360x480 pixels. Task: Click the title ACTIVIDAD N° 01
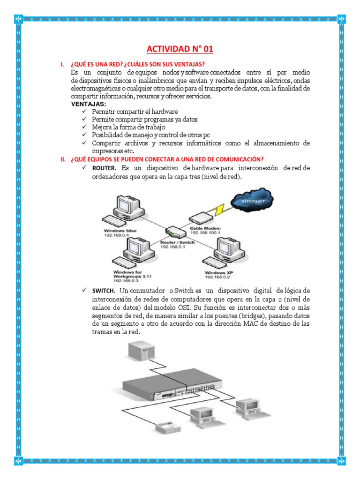[x=180, y=50]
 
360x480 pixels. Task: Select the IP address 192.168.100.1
[x=205, y=232]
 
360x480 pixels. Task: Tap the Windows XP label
[x=218, y=272]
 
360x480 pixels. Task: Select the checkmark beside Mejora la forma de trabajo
[x=84, y=127]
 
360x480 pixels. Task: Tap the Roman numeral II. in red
[x=64, y=159]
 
